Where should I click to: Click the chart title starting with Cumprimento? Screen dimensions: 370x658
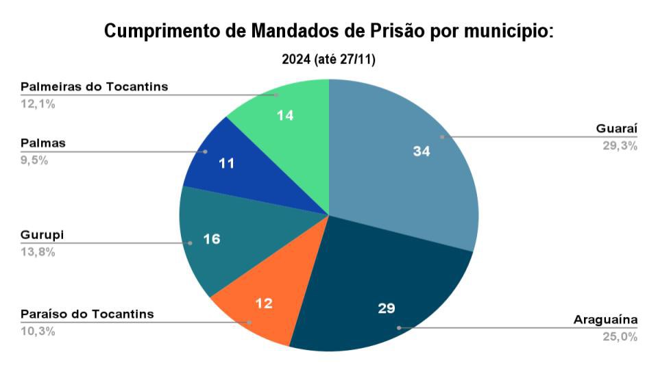point(328,32)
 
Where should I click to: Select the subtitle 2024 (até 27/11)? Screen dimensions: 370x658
point(328,60)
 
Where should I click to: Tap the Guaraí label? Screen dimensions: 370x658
point(617,129)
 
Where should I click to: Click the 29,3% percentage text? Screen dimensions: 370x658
point(620,145)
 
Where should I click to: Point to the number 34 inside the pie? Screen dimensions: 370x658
point(421,152)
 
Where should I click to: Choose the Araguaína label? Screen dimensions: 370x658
point(605,320)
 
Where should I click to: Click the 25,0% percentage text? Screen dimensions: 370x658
point(620,336)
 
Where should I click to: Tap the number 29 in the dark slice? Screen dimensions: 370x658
point(386,308)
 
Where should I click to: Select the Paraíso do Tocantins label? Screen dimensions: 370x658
point(87,314)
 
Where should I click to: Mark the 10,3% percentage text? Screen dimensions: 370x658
point(38,331)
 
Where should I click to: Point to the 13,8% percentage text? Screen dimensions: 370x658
point(38,251)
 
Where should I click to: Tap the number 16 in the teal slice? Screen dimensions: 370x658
point(212,239)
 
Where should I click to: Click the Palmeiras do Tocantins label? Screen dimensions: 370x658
point(94,87)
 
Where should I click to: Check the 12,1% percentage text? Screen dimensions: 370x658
point(38,104)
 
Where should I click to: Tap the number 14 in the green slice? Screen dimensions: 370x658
point(285,116)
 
